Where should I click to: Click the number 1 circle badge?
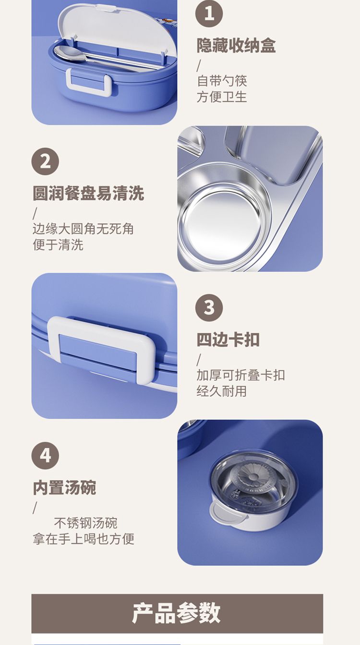[x=209, y=13]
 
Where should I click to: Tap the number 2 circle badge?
[x=45, y=161]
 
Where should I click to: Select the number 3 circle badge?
[x=209, y=307]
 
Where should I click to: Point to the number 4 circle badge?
[x=45, y=455]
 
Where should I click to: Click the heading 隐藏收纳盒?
[x=236, y=46]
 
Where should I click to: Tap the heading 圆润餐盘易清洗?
[x=88, y=193]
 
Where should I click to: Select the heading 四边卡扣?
[x=228, y=340]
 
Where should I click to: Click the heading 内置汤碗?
[x=64, y=487]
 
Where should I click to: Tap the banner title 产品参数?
[x=177, y=613]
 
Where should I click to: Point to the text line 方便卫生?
[x=222, y=97]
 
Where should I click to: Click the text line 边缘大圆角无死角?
[x=83, y=229]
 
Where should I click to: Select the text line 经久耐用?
[x=222, y=391]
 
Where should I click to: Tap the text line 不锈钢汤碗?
[x=85, y=523]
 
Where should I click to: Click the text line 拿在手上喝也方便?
[x=84, y=539]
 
